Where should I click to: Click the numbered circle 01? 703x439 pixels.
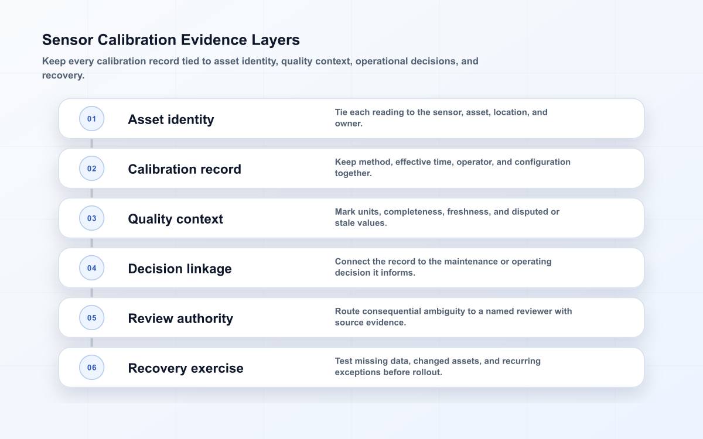tap(91, 118)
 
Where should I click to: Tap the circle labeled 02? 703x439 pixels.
tap(91, 169)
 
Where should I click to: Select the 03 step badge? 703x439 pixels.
tap(91, 218)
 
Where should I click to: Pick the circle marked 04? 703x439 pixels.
tap(91, 268)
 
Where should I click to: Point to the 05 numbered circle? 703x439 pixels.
tap(91, 318)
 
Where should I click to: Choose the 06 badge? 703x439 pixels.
tap(91, 367)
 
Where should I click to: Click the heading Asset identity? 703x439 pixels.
tap(171, 119)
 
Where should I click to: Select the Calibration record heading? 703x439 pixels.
tap(185, 169)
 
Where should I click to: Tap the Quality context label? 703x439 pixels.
tap(175, 219)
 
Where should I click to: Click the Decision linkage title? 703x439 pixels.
tap(180, 269)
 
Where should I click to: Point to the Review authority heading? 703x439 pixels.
tap(180, 318)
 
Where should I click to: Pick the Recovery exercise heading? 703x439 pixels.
tap(186, 368)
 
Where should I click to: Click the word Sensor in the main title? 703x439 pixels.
tap(68, 40)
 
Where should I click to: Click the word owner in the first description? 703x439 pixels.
tap(349, 124)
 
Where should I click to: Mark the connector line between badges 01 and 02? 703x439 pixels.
tap(91, 143)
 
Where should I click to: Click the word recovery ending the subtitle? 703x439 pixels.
tap(63, 76)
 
